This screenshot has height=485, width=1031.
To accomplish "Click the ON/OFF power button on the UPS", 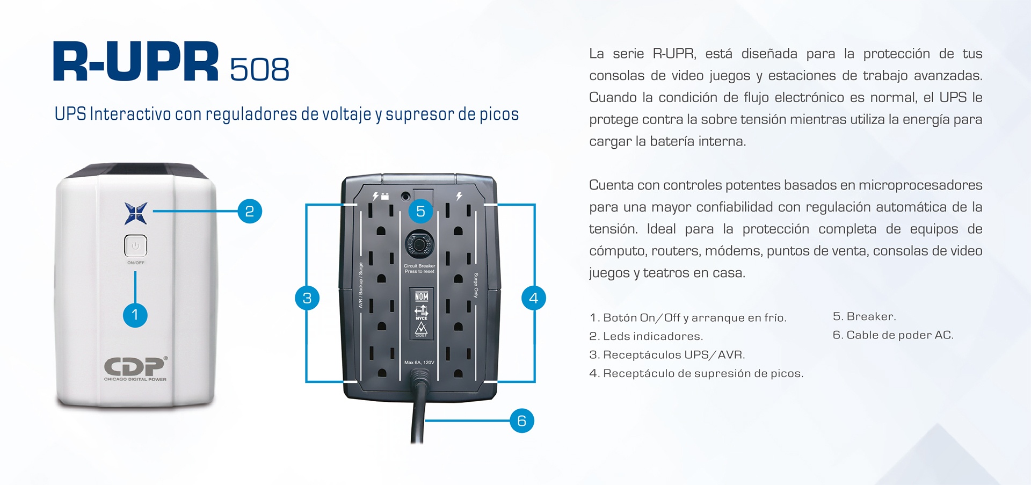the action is click(x=135, y=246).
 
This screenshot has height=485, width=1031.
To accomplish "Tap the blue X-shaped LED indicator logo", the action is click(x=136, y=213).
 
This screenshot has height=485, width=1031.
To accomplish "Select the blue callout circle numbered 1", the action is click(x=135, y=315).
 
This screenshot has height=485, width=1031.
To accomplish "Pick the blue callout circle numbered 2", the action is click(x=250, y=211).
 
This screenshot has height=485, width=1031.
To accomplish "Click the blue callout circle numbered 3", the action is click(x=307, y=298).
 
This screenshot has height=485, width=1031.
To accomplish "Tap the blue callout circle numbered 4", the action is click(x=534, y=298).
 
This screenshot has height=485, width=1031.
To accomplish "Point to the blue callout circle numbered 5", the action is click(x=420, y=211).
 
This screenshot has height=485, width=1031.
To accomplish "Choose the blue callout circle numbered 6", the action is click(x=522, y=421).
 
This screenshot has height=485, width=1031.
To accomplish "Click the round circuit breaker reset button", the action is click(x=419, y=245).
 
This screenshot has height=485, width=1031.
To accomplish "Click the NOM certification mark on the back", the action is click(x=422, y=296).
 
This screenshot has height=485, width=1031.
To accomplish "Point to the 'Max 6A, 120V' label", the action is click(x=419, y=363).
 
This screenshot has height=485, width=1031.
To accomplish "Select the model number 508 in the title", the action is click(x=259, y=70).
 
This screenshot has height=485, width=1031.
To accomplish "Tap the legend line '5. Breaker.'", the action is click(x=865, y=316).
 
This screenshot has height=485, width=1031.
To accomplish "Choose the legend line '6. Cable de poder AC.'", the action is click(x=893, y=335).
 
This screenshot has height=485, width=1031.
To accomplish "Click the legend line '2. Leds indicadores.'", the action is click(x=646, y=336).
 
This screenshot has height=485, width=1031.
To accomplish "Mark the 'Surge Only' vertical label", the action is click(x=476, y=285).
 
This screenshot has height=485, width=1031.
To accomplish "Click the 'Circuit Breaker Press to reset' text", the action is click(x=419, y=269).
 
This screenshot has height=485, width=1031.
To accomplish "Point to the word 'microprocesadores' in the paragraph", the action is click(x=920, y=185).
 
